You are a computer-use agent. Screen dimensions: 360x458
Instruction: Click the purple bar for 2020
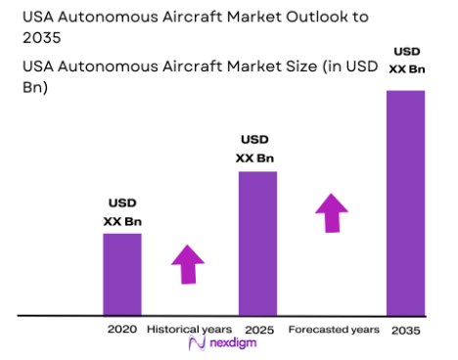click(122, 274)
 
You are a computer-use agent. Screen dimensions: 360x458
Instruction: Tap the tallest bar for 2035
click(405, 202)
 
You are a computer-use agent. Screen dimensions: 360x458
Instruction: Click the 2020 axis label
click(122, 330)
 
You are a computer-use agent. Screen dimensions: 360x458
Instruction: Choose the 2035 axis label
click(405, 331)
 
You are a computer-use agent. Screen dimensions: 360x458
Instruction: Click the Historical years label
click(189, 330)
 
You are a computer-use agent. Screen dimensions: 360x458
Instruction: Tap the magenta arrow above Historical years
click(188, 263)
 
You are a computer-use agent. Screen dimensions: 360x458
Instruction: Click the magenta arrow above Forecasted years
click(333, 211)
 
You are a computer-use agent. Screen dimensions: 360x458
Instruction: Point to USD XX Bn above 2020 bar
click(122, 212)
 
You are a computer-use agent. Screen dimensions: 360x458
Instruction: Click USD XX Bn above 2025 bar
click(255, 149)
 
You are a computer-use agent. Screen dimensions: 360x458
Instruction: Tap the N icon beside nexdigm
click(194, 346)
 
